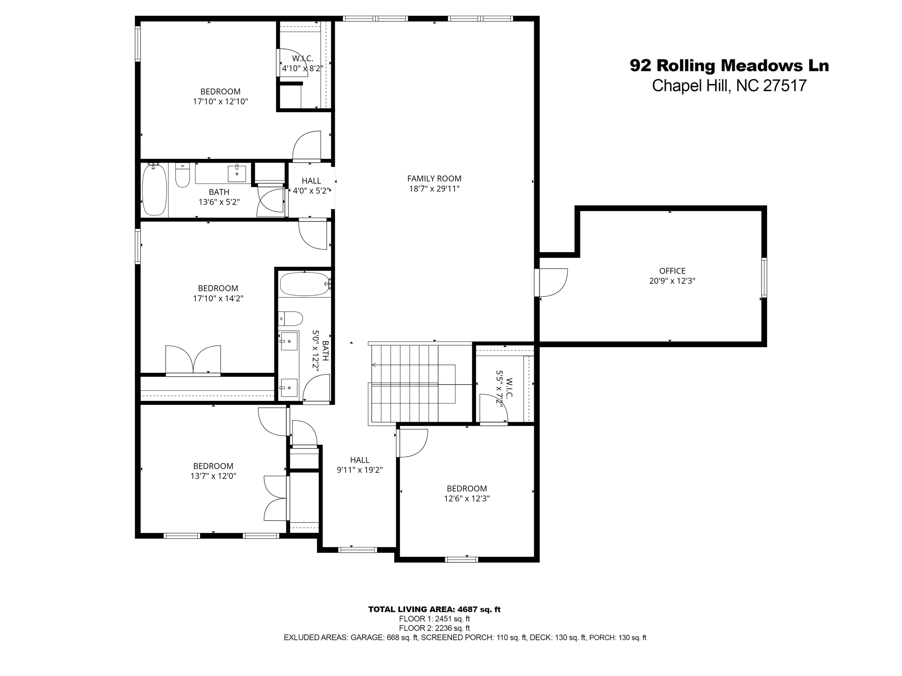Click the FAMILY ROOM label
(434, 179)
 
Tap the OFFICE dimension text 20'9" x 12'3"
(672, 281)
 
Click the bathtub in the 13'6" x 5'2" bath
(155, 190)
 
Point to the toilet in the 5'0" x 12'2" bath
(291, 318)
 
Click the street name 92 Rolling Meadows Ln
(729, 66)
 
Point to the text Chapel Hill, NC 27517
(729, 85)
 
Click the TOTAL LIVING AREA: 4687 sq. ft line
(434, 610)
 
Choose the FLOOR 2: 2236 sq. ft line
(434, 628)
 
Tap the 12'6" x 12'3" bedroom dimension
(467, 499)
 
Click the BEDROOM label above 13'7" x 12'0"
(213, 466)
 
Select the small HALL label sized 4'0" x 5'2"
(311, 181)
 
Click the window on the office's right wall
(764, 277)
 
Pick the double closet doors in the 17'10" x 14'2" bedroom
(193, 360)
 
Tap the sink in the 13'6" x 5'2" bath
(237, 173)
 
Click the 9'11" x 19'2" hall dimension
(359, 470)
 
